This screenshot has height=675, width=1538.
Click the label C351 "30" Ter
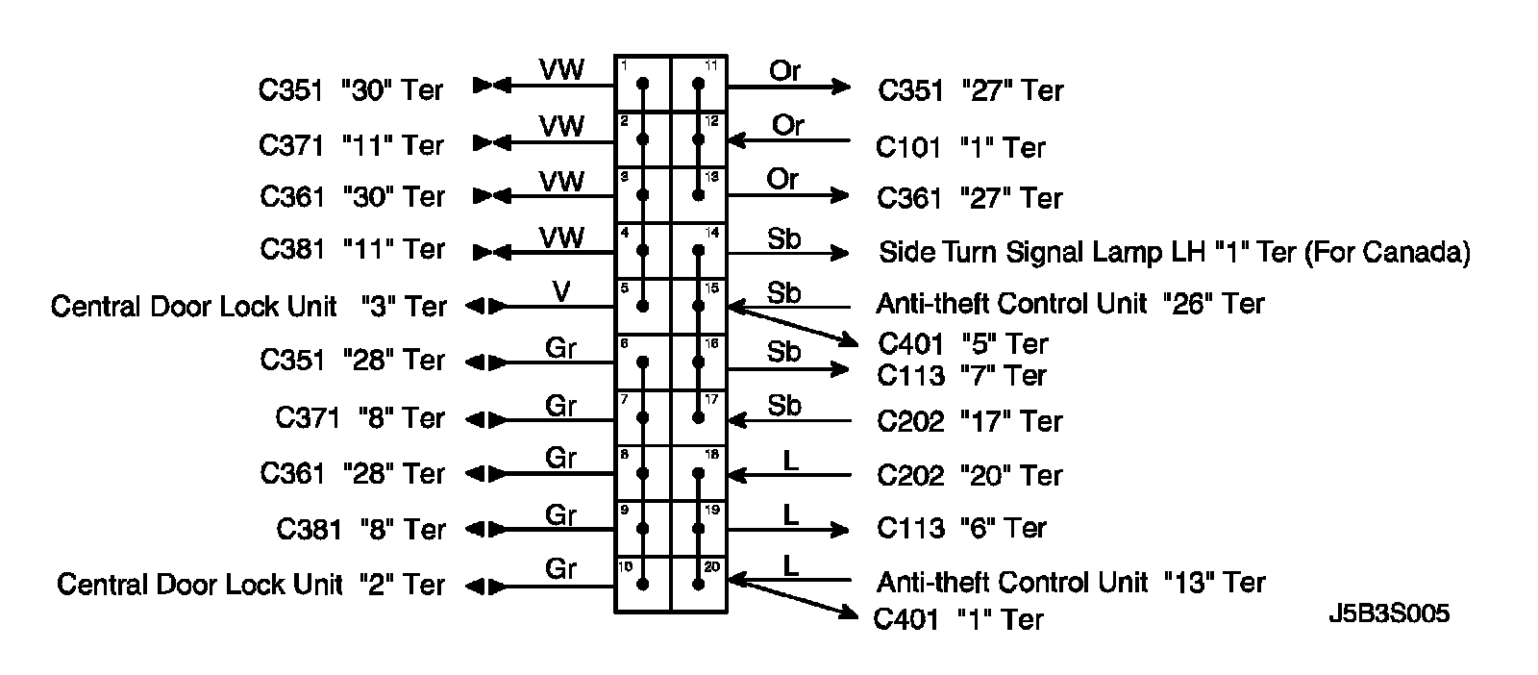(351, 90)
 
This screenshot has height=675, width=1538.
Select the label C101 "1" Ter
(960, 147)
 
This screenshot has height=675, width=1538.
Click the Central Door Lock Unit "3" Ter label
(248, 307)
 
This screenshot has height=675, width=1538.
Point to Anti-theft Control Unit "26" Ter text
(1070, 304)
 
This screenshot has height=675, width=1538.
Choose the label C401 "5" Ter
(963, 344)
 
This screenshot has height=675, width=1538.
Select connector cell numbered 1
(643, 85)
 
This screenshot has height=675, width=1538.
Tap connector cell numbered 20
(699, 585)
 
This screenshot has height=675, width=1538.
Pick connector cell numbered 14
(699, 251)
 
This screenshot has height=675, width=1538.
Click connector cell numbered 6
(643, 362)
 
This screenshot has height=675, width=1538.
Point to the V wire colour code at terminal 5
(562, 291)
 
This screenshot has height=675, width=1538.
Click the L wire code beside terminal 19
(790, 514)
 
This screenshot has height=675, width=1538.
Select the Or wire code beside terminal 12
(787, 126)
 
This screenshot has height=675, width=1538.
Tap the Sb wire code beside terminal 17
(784, 406)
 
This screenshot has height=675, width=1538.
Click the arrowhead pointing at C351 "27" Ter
(842, 87)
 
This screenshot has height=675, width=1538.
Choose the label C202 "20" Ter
(970, 476)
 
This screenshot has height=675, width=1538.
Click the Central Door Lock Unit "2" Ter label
(251, 585)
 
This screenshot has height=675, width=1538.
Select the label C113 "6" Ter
(961, 528)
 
